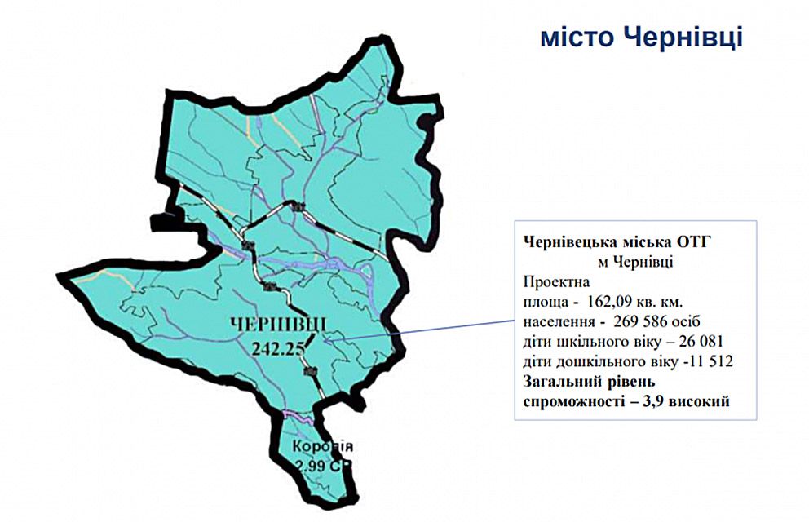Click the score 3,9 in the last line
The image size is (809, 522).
(x=647, y=400)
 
